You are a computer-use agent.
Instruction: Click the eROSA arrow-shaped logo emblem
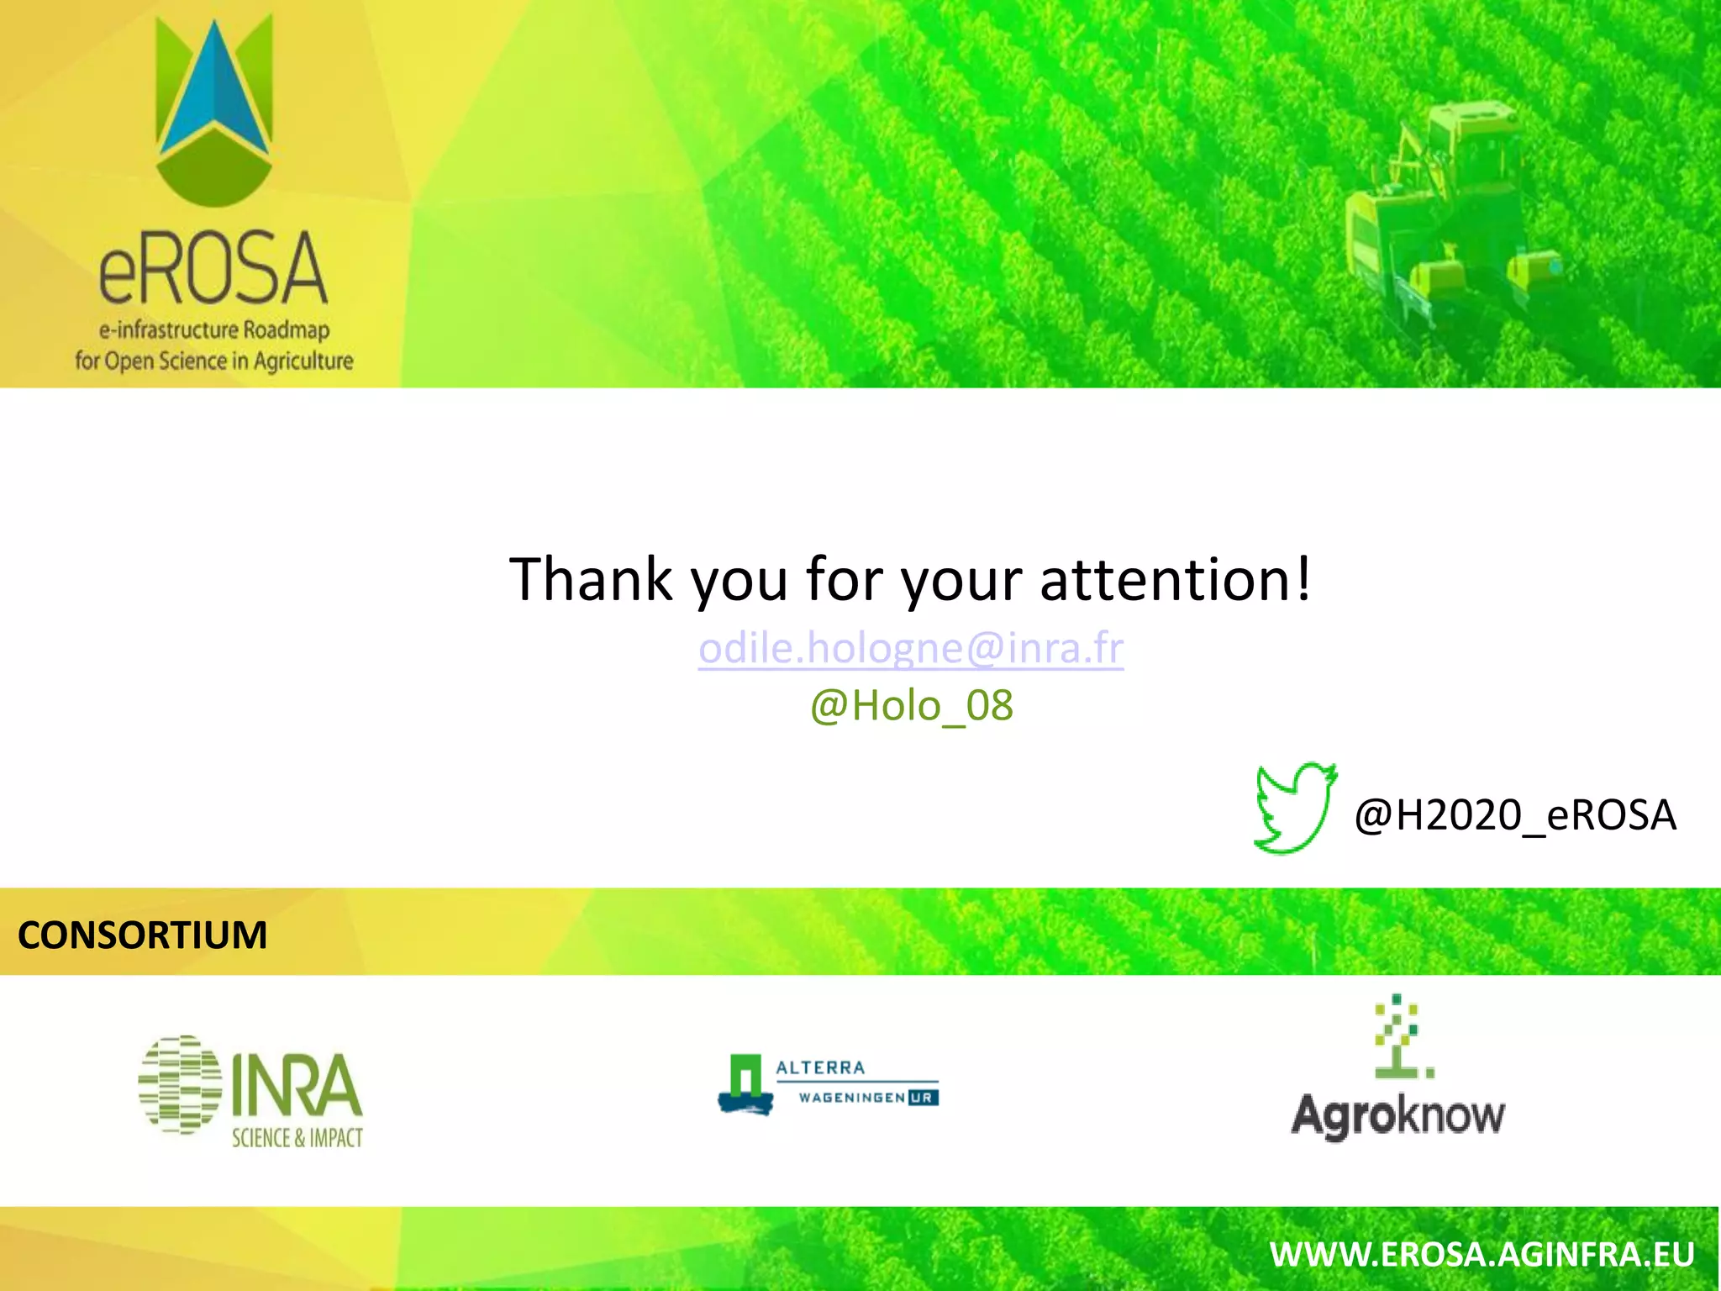click(214, 109)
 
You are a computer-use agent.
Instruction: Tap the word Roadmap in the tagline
click(286, 329)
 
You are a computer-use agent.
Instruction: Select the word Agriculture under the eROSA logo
click(303, 361)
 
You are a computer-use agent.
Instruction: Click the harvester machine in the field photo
click(1445, 210)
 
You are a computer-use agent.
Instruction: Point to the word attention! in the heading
click(1175, 579)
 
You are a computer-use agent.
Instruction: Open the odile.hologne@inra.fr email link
click(911, 648)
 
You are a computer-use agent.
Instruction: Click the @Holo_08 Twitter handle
click(912, 705)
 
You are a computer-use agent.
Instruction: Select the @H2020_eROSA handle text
click(1515, 814)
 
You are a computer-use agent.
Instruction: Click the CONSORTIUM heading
click(143, 935)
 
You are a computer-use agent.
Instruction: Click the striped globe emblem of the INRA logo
click(180, 1084)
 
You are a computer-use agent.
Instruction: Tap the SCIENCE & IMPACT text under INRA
click(297, 1138)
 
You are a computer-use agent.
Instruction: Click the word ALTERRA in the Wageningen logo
click(820, 1067)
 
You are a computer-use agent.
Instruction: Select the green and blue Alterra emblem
click(745, 1084)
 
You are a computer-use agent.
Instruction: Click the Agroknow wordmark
click(1398, 1116)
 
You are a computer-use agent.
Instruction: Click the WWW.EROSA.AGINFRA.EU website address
click(1482, 1255)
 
